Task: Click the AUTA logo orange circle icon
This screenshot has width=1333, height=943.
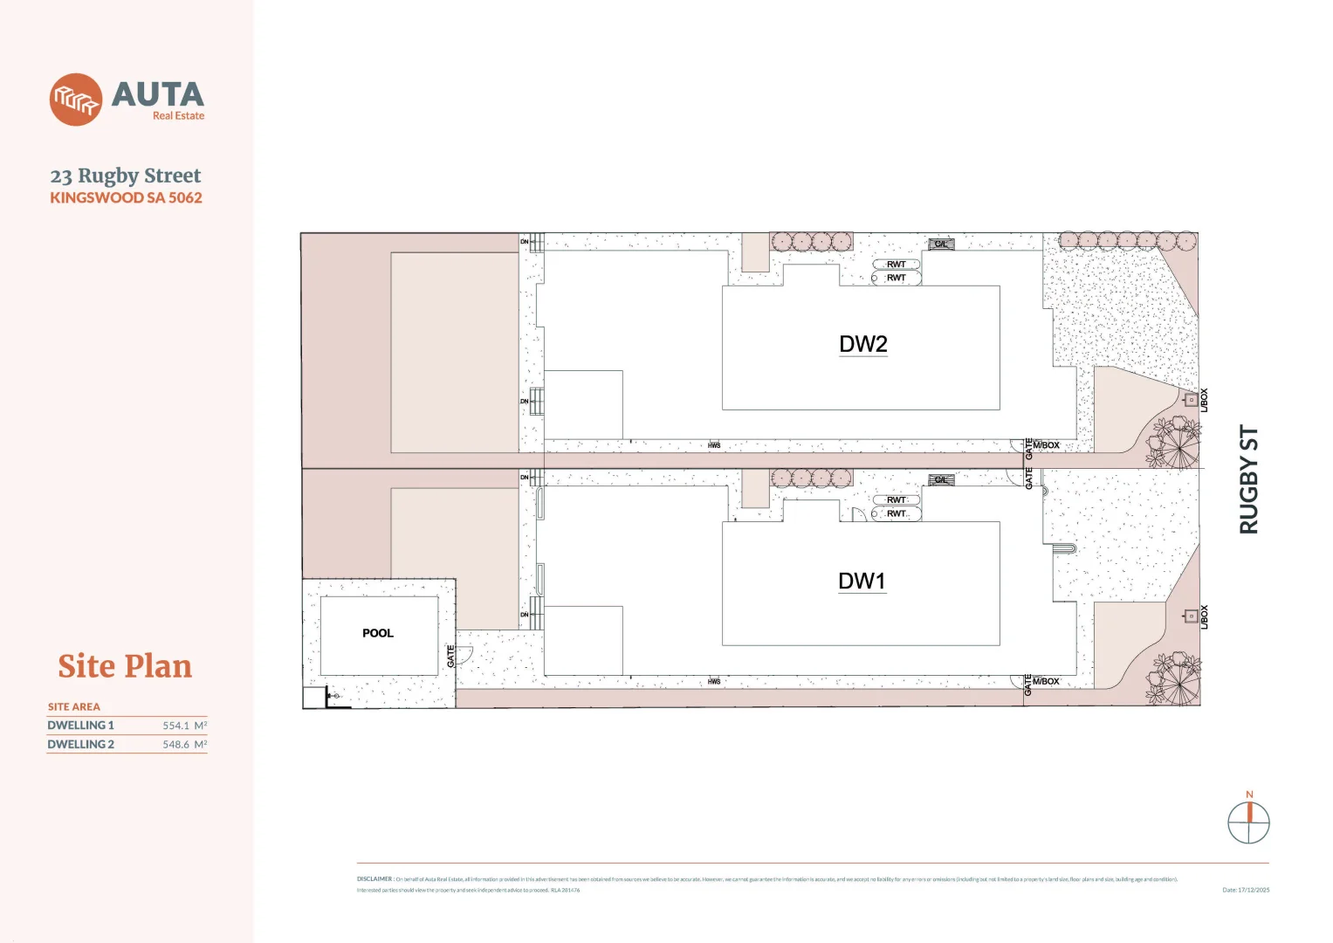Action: tap(76, 100)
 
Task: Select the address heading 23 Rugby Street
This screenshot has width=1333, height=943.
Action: tap(126, 176)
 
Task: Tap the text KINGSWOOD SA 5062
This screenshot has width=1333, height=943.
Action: tap(126, 198)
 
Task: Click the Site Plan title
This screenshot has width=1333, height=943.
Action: tap(125, 666)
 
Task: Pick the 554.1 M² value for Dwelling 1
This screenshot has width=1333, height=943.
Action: tap(184, 726)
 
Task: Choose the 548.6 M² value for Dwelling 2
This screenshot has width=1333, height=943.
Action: tap(184, 745)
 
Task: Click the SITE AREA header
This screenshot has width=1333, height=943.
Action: tap(74, 707)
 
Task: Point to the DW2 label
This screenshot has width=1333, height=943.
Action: tap(862, 344)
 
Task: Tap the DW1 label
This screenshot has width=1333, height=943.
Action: tap(862, 582)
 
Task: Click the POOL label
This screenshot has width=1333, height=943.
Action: tap(378, 633)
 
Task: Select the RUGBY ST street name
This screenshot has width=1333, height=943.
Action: tap(1249, 479)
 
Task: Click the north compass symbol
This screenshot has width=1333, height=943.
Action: tap(1248, 822)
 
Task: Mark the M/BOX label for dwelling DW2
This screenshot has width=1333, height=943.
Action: tap(1046, 445)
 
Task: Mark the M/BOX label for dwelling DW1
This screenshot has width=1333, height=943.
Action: tap(1046, 681)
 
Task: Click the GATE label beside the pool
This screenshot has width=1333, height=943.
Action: tap(451, 657)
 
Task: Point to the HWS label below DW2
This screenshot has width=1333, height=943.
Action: tap(714, 446)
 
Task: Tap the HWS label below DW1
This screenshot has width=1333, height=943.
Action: tap(714, 682)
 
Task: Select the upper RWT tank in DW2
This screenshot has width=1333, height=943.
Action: tap(897, 265)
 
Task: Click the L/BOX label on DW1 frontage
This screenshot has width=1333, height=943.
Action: tap(1204, 617)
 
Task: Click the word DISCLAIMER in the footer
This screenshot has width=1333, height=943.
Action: tap(374, 879)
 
